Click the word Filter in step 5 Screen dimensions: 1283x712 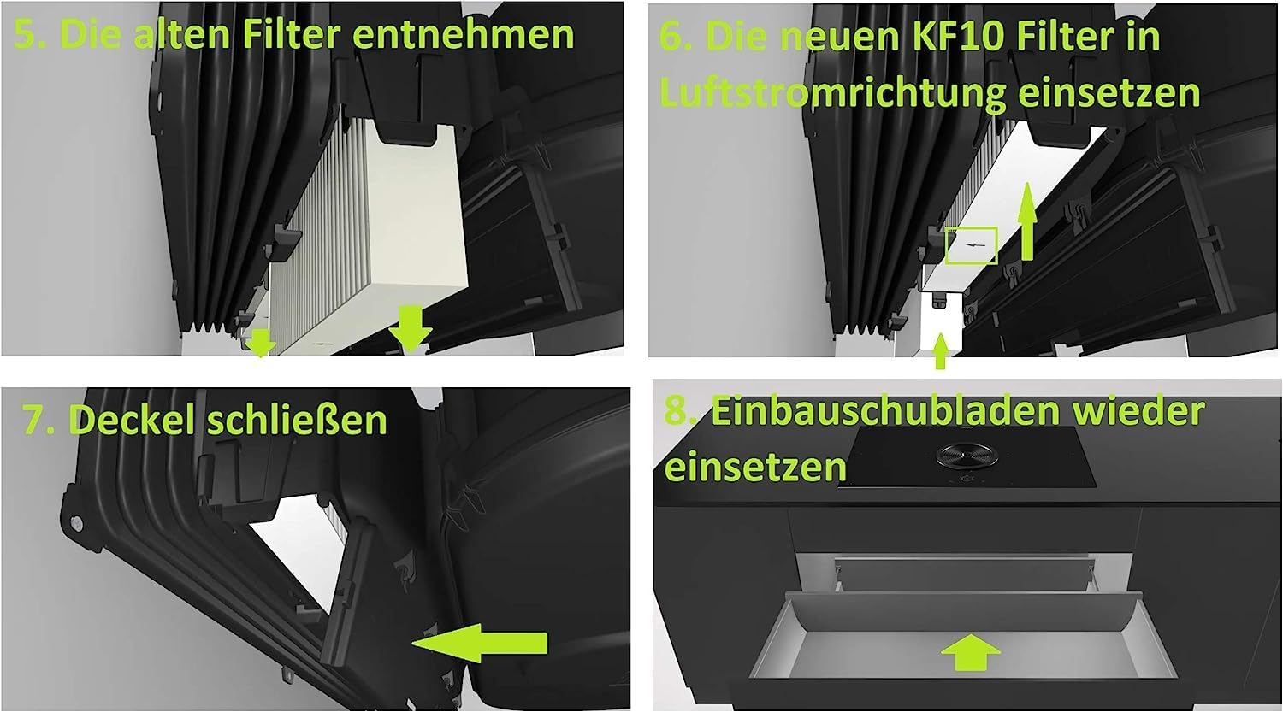pos(293,34)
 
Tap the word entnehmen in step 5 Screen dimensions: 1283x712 pos(463,34)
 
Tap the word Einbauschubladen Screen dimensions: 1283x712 pos(885,412)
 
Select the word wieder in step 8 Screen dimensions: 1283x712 pos(1138,411)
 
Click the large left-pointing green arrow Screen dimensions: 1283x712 pos(480,644)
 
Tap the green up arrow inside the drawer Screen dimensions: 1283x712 pos(970,652)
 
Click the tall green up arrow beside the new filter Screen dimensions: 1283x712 pos(1027,221)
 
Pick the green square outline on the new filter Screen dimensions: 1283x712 pos(972,245)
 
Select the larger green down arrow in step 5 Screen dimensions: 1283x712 pos(410,329)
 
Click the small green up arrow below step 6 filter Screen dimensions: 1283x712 pos(940,351)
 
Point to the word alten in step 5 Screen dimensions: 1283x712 pos(182,34)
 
